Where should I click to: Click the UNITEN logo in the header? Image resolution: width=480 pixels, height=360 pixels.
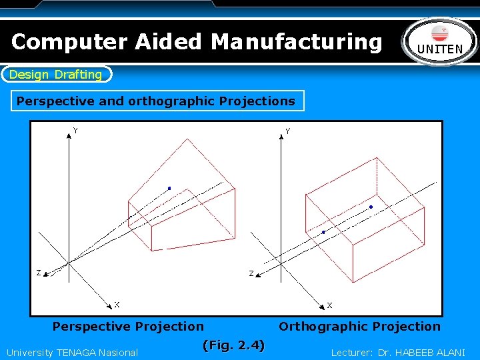pyautogui.click(x=441, y=41)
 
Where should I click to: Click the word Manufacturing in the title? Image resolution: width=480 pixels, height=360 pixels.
pyautogui.click(x=297, y=41)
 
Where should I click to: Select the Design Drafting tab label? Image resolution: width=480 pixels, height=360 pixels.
pyautogui.click(x=56, y=75)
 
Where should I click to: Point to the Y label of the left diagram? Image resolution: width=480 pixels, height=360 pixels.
pyautogui.click(x=75, y=131)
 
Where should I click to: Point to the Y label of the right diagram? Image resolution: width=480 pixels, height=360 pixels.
pyautogui.click(x=287, y=131)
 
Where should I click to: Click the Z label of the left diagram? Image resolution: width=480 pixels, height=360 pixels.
pyautogui.click(x=38, y=273)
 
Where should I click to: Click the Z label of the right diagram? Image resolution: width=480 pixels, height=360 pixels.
pyautogui.click(x=251, y=273)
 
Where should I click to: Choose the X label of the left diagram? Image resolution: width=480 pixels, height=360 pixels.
pyautogui.click(x=117, y=305)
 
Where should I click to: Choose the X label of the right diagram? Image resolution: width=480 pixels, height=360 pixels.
pyautogui.click(x=329, y=305)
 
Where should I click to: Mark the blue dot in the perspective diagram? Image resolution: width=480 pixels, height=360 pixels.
pyautogui.click(x=169, y=189)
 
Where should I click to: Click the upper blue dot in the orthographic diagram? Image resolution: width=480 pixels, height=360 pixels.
pyautogui.click(x=371, y=207)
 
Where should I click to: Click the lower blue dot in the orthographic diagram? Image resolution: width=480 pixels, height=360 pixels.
pyautogui.click(x=323, y=233)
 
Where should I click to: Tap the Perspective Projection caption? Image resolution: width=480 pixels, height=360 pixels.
pyautogui.click(x=128, y=327)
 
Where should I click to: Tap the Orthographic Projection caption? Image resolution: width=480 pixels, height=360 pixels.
pyautogui.click(x=359, y=327)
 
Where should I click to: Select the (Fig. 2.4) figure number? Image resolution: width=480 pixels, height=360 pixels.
pyautogui.click(x=233, y=345)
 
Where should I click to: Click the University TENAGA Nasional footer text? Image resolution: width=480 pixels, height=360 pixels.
pyautogui.click(x=72, y=353)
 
